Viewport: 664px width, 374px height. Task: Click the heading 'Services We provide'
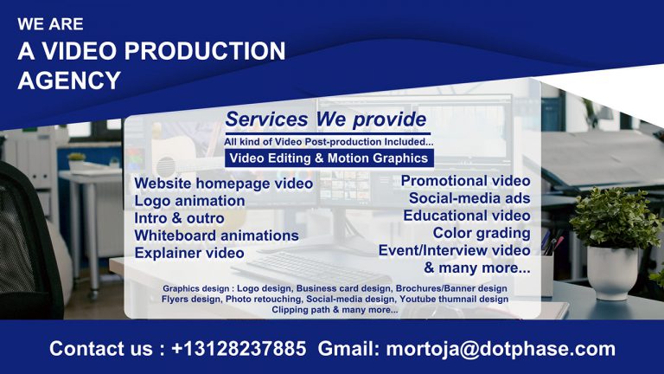[325, 119]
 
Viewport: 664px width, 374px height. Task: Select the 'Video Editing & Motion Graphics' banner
[329, 158]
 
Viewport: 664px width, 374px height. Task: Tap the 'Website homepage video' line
[223, 184]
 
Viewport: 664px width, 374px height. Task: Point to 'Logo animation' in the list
[189, 201]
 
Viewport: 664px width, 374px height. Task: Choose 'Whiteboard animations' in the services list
[216, 235]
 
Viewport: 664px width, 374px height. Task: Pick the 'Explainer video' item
[188, 253]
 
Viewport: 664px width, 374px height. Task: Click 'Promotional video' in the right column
[465, 181]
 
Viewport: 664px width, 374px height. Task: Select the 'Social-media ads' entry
[469, 198]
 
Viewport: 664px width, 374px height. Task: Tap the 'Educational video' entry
[466, 216]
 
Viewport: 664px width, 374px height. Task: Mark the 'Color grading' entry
[482, 233]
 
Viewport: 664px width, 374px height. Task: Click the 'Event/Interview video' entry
[454, 250]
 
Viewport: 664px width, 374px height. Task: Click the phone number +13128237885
[239, 349]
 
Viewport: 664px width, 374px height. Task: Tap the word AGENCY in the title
[69, 81]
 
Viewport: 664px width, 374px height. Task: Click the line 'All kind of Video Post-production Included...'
[329, 141]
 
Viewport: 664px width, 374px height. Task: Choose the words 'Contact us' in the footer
[99, 349]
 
